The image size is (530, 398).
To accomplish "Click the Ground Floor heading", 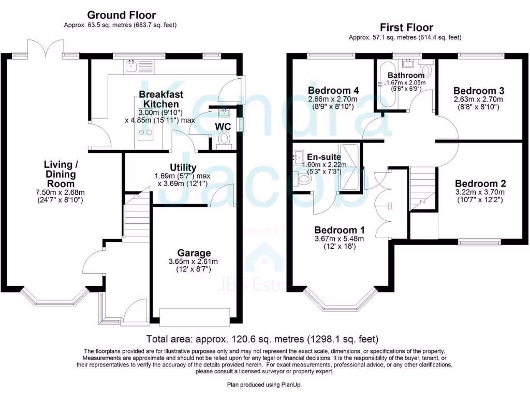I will pos(121,15).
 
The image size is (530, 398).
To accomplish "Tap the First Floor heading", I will pos(406,27).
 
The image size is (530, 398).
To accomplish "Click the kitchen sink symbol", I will pos(129,65).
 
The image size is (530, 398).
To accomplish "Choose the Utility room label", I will pos(183,167).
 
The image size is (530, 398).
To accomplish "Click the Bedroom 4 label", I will pos(333,91).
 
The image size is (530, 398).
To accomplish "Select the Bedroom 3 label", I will pos(478,91).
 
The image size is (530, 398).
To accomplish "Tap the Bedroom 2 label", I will pos(480,183).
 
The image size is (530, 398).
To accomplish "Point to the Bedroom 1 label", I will pos(340,230).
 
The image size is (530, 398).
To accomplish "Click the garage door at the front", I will pos(195,317).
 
